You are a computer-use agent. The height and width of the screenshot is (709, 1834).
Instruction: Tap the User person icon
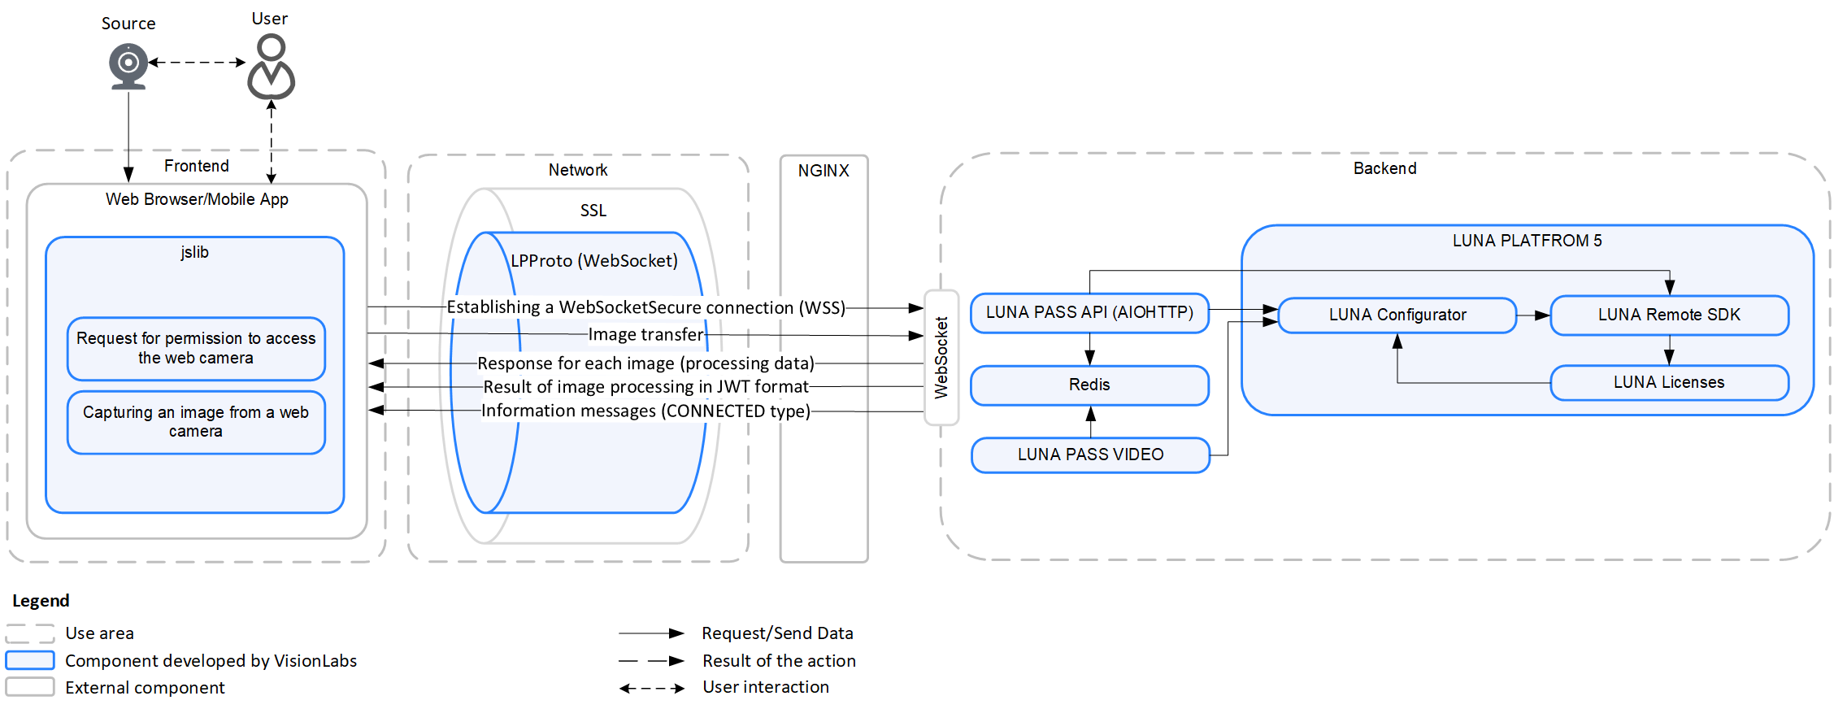tap(271, 67)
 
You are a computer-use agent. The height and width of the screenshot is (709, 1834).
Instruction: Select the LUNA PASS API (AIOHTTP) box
tap(1089, 313)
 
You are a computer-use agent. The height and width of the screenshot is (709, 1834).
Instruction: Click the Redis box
tap(1089, 385)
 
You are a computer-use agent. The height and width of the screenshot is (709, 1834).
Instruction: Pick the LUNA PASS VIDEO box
tap(1090, 455)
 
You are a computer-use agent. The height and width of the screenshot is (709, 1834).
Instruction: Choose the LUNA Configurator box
tap(1397, 315)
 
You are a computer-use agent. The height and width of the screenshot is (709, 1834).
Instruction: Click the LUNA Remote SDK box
tap(1669, 315)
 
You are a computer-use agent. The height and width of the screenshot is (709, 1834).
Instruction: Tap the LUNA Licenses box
tap(1669, 382)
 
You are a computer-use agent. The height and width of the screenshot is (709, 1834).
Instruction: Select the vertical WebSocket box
tap(941, 358)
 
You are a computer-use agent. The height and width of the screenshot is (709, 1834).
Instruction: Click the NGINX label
tap(824, 171)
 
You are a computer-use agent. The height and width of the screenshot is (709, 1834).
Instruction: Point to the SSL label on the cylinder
tap(593, 211)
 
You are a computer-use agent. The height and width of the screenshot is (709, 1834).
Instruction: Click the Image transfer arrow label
tap(645, 334)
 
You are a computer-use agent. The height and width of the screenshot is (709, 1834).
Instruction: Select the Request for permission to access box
tap(196, 348)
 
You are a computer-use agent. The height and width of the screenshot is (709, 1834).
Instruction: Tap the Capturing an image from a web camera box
tap(196, 421)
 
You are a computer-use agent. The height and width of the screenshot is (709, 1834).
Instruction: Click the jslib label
tap(194, 252)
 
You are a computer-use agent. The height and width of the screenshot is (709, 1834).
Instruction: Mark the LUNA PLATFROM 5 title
tap(1527, 241)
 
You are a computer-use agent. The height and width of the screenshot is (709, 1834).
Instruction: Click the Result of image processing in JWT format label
tap(645, 387)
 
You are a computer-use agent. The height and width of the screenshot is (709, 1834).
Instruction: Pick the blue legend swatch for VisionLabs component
tap(30, 660)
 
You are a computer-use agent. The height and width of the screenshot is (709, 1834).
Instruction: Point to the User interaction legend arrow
tap(651, 688)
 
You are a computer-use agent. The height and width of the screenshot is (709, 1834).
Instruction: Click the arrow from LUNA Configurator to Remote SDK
tap(1533, 315)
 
